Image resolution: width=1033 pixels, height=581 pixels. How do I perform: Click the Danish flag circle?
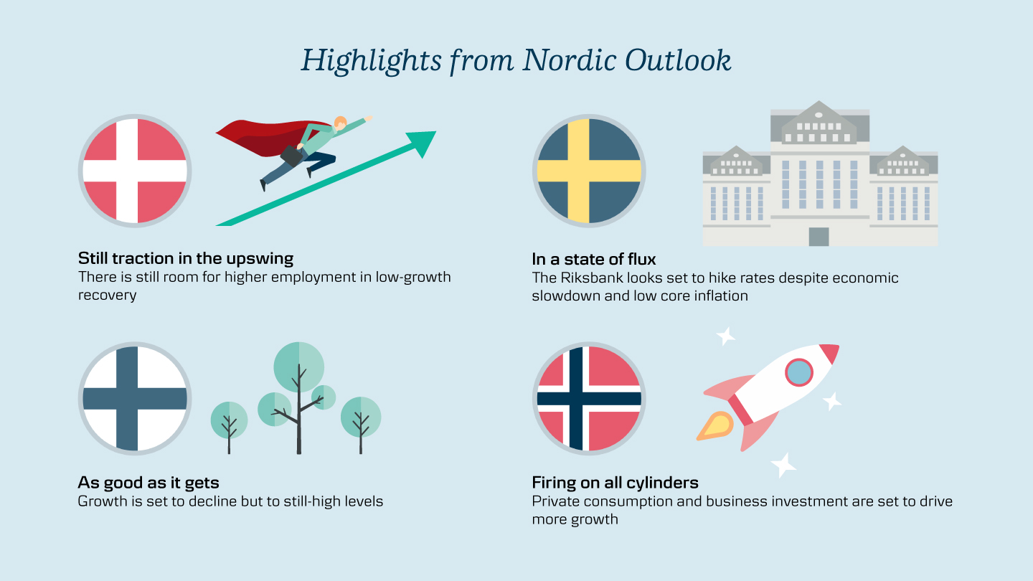[135, 171]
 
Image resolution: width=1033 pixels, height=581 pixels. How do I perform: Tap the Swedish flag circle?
[589, 171]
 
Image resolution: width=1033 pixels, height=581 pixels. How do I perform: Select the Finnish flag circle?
[135, 398]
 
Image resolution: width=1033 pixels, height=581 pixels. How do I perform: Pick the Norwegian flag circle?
[589, 398]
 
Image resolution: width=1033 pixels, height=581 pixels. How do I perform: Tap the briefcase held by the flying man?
[291, 156]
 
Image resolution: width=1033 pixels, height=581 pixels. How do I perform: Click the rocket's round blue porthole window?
[799, 372]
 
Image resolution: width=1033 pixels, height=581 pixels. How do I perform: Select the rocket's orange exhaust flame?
[716, 426]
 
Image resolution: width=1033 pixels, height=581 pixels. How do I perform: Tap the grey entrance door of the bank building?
[819, 237]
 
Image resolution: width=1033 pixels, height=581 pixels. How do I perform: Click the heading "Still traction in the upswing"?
[185, 259]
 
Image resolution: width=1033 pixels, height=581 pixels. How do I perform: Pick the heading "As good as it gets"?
[148, 483]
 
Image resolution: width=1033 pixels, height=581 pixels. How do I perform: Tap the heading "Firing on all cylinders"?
[615, 482]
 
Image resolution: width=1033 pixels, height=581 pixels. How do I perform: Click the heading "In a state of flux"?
[593, 259]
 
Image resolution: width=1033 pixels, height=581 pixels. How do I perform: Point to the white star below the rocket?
[783, 465]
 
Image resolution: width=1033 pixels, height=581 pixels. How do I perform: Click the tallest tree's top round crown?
[299, 367]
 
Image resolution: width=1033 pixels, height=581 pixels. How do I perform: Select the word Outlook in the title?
[678, 60]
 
